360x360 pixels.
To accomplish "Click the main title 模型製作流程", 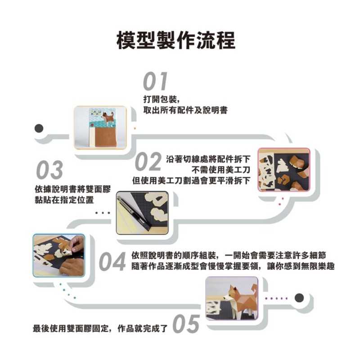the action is pos(176,40).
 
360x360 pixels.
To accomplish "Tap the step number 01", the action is pos(155,81).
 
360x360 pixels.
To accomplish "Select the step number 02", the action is pos(148,162).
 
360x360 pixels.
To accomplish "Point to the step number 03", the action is pos(49,170).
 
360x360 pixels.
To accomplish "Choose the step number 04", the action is pos(112,262).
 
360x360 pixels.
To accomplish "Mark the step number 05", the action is pos(186,324).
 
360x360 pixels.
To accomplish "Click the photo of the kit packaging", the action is pos(100,127).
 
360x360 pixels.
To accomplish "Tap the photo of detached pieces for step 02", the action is pos(284,170).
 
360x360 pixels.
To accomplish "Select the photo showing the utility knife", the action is pos(142,213).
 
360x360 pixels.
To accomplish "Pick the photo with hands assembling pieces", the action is pos(59,256).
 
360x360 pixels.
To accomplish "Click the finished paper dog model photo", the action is pos(232,298).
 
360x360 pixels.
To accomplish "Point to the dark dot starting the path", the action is pos(39,128).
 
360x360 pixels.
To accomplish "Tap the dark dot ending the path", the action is pos(299,298).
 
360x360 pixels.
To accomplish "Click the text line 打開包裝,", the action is pos(161,99).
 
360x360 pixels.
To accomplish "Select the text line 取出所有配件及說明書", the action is pos(185,110).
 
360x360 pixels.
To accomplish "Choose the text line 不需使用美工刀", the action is pos(221,170).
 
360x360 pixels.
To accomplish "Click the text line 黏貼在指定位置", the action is pos(64,200).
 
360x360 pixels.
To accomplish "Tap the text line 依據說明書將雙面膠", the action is pos(73,189).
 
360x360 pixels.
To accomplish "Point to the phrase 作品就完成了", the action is pos(143,328).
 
